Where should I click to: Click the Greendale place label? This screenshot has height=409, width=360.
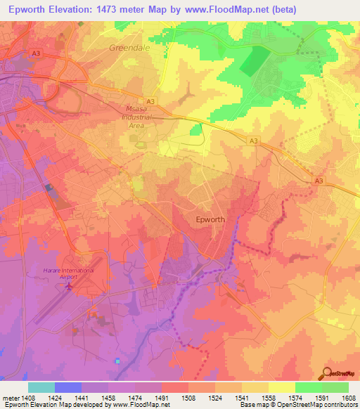click(127, 48)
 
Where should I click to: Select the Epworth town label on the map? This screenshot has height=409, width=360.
click(210, 219)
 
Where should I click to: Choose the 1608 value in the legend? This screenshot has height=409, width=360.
click(349, 397)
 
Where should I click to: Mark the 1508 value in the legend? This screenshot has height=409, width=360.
click(188, 397)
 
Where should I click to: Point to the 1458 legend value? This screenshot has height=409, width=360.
click(108, 397)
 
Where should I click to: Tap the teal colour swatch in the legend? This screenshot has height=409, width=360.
click(41, 387)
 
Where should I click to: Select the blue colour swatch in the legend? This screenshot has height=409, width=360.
click(68, 387)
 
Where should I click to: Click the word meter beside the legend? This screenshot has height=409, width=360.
click(10, 397)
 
